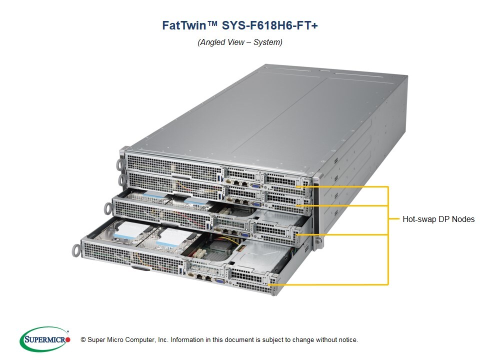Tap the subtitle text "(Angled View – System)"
coord(240,42)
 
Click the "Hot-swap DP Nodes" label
coord(438,219)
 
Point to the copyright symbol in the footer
coord(83,340)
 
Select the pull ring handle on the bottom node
coord(76,249)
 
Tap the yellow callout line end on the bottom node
coord(271,284)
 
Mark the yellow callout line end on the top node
coord(298,186)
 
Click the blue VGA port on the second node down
coord(255,203)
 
